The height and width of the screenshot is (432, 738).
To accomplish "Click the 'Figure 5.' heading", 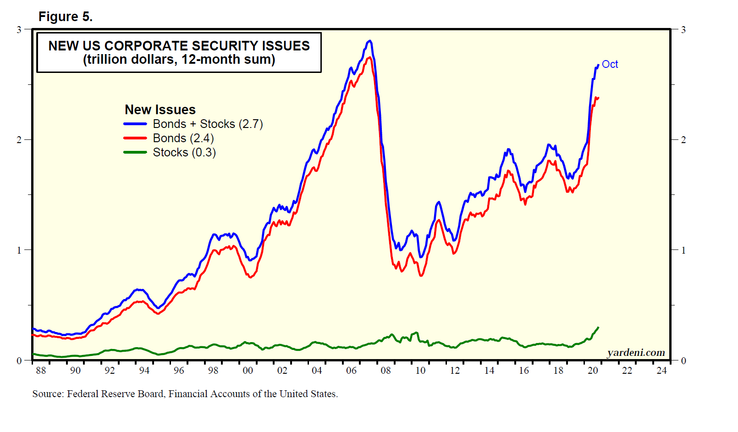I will pyautogui.click(x=66, y=17).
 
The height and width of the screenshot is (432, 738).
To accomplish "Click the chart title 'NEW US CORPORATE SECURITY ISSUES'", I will pyautogui.click(x=179, y=46).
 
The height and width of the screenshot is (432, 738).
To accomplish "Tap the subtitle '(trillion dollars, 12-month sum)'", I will pyautogui.click(x=179, y=60).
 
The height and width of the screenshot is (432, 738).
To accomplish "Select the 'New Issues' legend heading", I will pyautogui.click(x=160, y=110).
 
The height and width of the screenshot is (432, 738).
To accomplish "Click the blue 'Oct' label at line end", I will pyautogui.click(x=610, y=64).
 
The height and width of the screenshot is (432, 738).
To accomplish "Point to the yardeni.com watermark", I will pyautogui.click(x=636, y=352).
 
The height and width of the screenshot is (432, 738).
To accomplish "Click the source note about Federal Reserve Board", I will pyautogui.click(x=185, y=393).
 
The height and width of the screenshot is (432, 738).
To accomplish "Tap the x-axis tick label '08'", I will pyautogui.click(x=386, y=371).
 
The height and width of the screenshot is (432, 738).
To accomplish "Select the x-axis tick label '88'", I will pyautogui.click(x=41, y=371).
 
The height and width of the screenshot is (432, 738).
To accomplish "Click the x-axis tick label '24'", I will pyautogui.click(x=661, y=371).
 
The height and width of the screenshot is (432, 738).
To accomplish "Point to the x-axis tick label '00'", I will pyautogui.click(x=248, y=371).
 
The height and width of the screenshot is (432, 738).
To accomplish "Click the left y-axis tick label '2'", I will pyautogui.click(x=19, y=140).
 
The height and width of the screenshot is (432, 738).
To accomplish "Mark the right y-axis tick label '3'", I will pyautogui.click(x=683, y=30).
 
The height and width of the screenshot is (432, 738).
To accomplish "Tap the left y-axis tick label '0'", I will pyautogui.click(x=19, y=360).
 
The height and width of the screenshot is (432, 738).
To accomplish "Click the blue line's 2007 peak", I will pyautogui.click(x=369, y=41).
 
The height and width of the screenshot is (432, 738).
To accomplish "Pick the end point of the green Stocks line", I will pyautogui.click(x=598, y=327).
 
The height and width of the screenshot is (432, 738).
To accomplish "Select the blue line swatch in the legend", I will pyautogui.click(x=135, y=124).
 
